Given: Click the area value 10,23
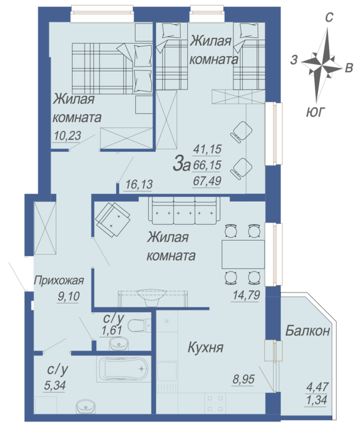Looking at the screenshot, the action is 67,136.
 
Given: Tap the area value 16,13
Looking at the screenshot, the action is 139,185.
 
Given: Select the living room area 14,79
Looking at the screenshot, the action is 246,295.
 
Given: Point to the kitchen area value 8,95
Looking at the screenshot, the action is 243,380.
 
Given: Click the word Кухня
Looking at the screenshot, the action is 206,347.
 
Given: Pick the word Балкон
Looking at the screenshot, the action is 308,330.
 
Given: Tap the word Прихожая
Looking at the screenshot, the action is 59,280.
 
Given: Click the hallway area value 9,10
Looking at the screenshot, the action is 69,296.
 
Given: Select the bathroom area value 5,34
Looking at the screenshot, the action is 54,386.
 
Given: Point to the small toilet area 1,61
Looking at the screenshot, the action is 112,330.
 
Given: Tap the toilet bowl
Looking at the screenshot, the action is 139,326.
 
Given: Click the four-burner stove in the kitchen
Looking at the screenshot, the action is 215,404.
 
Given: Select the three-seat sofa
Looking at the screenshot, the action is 184,210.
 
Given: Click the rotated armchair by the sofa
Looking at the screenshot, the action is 112,220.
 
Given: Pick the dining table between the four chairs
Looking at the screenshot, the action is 243,254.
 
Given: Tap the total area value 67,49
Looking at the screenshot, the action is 207,181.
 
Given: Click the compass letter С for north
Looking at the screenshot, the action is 329,17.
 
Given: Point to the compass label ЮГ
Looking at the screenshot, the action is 316,112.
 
